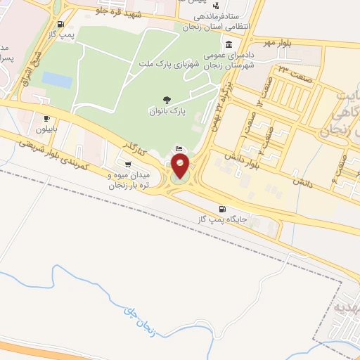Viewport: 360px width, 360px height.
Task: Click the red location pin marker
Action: point(181,167)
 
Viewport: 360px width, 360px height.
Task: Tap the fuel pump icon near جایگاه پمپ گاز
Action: point(223,208)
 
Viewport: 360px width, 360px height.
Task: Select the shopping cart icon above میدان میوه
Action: point(127,165)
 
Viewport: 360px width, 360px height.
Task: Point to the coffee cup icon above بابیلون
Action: point(47,119)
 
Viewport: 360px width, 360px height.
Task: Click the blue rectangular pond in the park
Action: point(57,80)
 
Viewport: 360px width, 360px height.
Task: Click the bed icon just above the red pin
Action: point(179,149)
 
